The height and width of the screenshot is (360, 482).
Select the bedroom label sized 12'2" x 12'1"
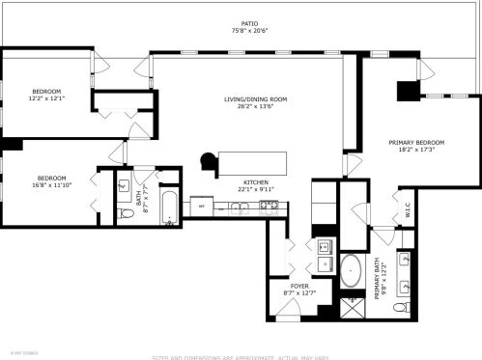[45, 96]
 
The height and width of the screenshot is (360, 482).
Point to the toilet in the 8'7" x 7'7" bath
[126, 213]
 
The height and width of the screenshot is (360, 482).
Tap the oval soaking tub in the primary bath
[351, 271]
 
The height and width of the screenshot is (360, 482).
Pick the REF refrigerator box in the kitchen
[201, 206]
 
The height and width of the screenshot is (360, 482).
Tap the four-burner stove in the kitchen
[271, 205]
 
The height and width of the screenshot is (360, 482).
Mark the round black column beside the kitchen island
[208, 160]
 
